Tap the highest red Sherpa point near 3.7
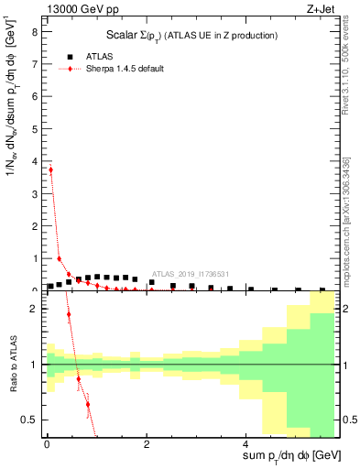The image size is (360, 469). (x=51, y=169)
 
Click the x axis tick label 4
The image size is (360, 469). (x=246, y=442)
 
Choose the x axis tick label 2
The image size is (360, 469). (x=147, y=442)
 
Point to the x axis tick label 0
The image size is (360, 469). (x=47, y=442)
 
